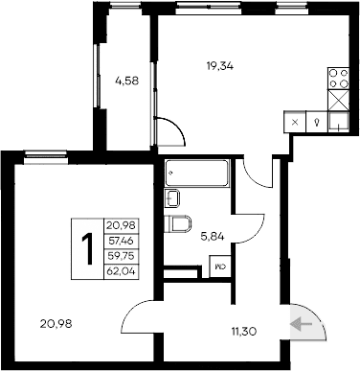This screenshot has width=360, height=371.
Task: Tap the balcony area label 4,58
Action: click(126, 81)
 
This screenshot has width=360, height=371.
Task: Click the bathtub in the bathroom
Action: click(196, 174)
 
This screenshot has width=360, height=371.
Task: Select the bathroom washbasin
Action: click(173, 198)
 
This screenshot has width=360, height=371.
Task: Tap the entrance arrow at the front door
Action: click(303, 325)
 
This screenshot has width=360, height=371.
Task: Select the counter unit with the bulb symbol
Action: click(316, 123)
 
